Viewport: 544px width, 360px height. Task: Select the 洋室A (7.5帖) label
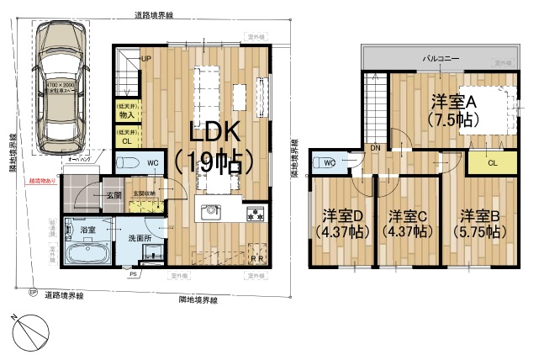(x=453, y=110)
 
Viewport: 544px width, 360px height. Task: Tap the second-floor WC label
(x=329, y=162)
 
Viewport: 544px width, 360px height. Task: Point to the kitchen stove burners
(x=255, y=214)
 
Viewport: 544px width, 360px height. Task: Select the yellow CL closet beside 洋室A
(x=491, y=162)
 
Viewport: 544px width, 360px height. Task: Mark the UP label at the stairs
(x=145, y=59)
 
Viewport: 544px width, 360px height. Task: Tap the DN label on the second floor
(x=374, y=147)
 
